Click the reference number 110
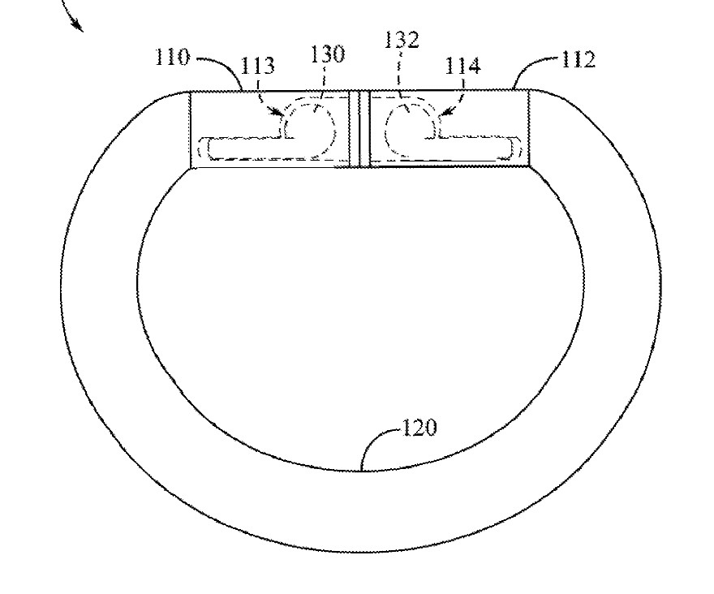[x=171, y=58]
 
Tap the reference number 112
[x=577, y=59]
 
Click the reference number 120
[x=419, y=428]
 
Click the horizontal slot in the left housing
[x=243, y=148]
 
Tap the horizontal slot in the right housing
[x=479, y=148]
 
